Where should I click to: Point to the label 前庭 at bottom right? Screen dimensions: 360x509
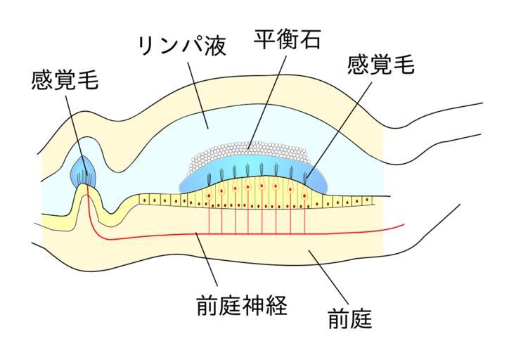[349, 320]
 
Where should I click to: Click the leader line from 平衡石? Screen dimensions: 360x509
[267, 98]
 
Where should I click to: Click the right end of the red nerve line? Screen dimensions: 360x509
[404, 225]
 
